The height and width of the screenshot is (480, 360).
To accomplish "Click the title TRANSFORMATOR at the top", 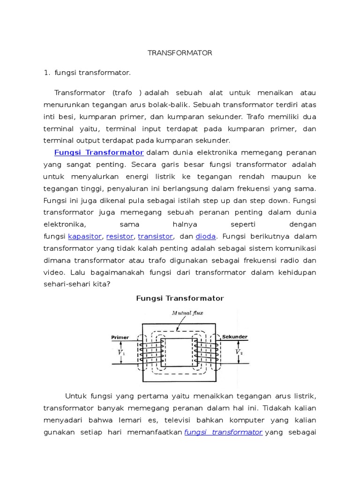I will (180, 53).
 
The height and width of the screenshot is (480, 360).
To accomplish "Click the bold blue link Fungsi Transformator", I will (99, 152).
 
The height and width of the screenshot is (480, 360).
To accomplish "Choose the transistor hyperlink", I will (156, 236).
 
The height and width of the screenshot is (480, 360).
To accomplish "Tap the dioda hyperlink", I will (206, 236).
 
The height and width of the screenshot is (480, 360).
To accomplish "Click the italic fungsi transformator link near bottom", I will (223, 432).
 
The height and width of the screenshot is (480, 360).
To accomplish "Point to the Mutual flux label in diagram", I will (174, 313).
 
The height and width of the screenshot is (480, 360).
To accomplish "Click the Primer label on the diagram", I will (120, 337).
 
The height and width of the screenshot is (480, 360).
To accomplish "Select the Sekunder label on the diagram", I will (235, 337).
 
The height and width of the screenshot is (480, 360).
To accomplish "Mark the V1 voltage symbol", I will (121, 352).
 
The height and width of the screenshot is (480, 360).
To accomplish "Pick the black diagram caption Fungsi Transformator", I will (180, 298).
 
